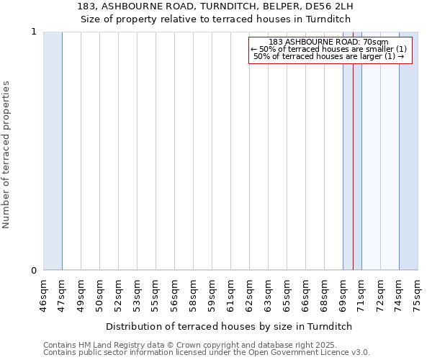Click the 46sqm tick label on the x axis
[43, 294]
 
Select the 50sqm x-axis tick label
[99, 294]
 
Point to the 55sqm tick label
[156, 294]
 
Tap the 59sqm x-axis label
[212, 294]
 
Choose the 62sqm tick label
[249, 294]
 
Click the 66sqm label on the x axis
[305, 294]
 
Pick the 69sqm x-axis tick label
[343, 294]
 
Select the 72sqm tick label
[380, 294]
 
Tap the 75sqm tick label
[418, 294]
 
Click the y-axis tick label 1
[33, 32]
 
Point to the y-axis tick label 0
[33, 271]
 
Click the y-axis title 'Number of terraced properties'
[6, 154]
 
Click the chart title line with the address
[215, 8]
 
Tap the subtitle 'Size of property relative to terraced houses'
[215, 19]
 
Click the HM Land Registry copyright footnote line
[206, 345]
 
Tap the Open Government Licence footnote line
[206, 353]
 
